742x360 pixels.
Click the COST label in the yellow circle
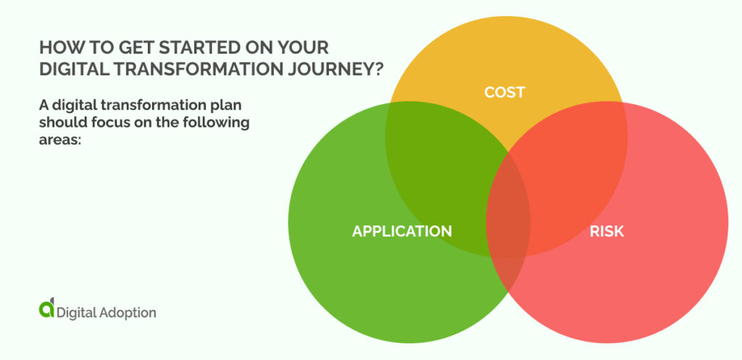[504, 92]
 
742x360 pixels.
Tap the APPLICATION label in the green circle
[401, 231]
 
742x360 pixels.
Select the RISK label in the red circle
[606, 231]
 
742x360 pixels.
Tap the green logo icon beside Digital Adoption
[46, 309]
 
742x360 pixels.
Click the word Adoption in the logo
[128, 313]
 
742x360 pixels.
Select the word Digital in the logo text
[77, 313]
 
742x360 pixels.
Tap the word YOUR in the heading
[302, 48]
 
